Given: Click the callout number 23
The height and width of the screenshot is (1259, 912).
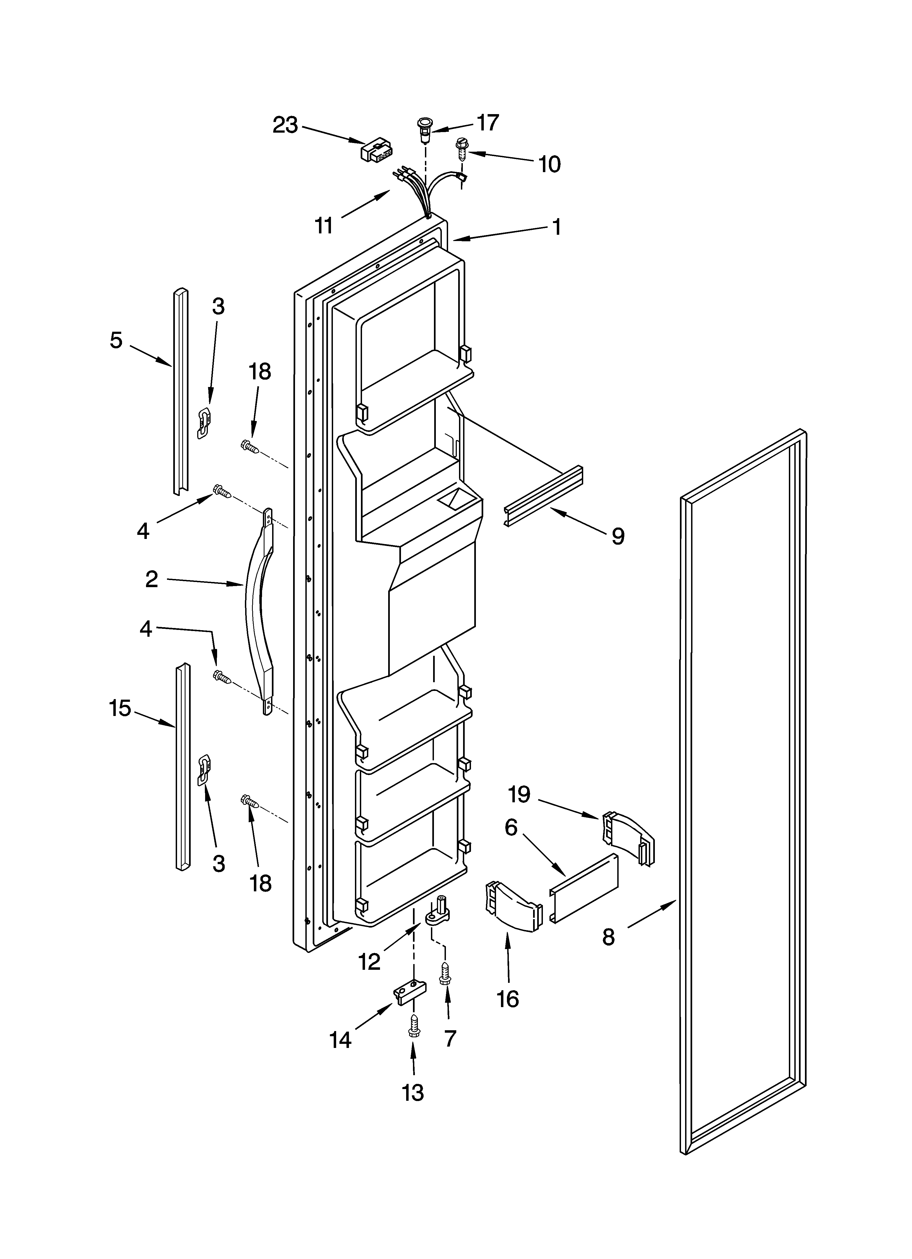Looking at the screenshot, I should pyautogui.click(x=285, y=126).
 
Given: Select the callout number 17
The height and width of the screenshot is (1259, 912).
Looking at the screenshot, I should pyautogui.click(x=488, y=123).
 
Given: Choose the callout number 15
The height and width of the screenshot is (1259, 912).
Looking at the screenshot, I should pyautogui.click(x=120, y=708).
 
